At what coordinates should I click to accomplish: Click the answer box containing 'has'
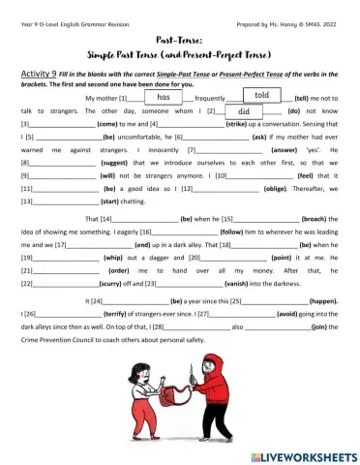click(x=163, y=98)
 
